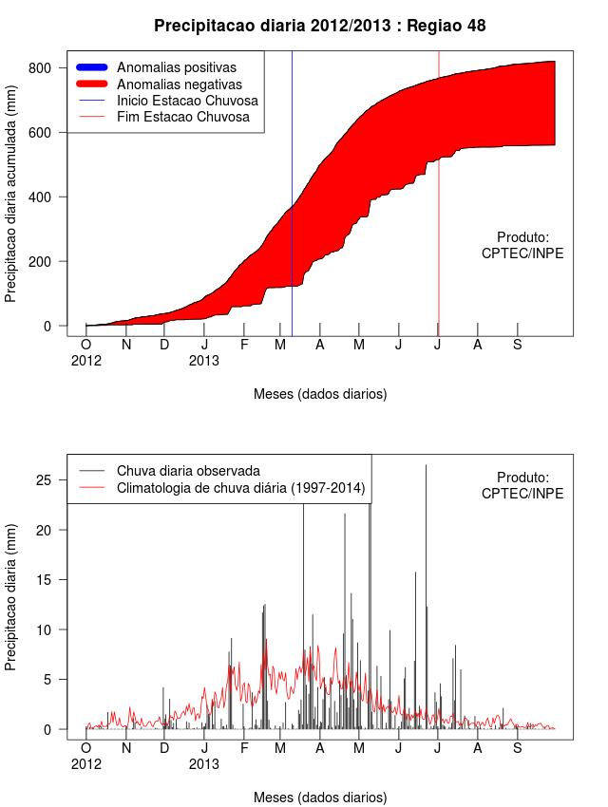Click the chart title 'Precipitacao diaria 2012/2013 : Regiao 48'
(319, 26)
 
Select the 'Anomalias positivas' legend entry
(177, 67)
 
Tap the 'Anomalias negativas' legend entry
(179, 84)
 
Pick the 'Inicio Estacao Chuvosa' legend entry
(187, 101)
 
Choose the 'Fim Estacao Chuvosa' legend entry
(183, 117)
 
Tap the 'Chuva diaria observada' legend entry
(188, 471)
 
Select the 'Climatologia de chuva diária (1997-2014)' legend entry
(241, 489)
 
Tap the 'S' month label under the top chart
(517, 345)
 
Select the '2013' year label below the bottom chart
(204, 763)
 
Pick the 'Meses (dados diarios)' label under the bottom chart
(320, 797)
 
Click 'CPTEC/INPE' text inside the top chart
(522, 253)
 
